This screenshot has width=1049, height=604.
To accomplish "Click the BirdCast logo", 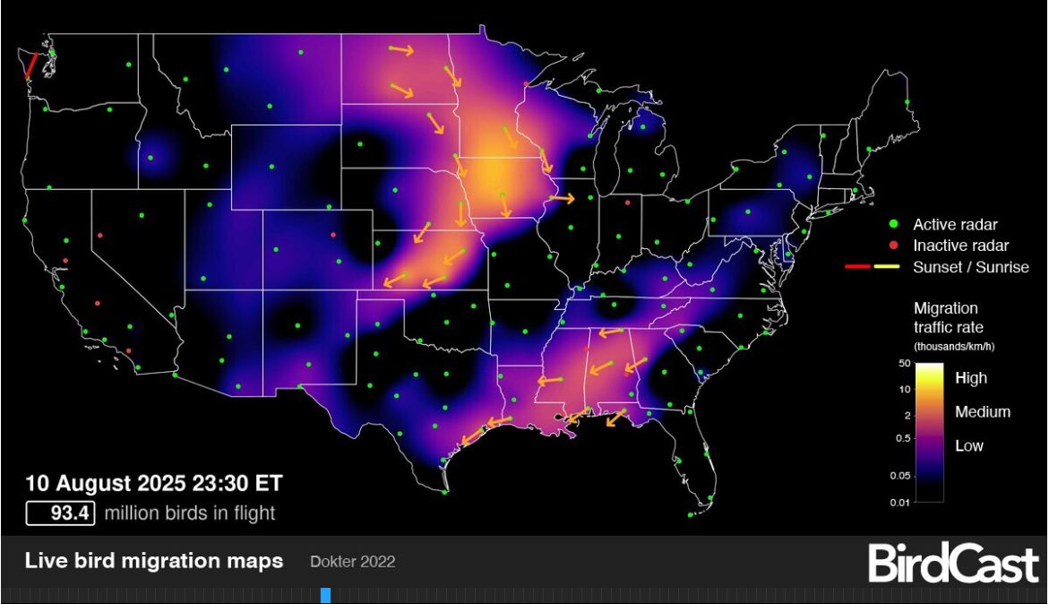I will click(952, 563).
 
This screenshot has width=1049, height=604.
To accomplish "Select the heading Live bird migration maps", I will click(154, 562).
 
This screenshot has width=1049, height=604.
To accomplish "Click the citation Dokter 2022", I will click(352, 562).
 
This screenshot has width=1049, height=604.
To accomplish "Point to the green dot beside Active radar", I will click(892, 224).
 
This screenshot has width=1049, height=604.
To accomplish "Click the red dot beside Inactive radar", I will click(892, 245).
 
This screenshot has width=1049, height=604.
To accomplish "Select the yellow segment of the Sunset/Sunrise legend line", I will click(886, 267).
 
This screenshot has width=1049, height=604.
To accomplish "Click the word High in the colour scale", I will click(971, 378).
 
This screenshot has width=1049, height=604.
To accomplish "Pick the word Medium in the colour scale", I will click(983, 412).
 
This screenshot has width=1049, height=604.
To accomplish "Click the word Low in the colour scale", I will click(969, 445).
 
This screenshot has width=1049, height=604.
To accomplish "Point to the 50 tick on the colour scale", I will click(904, 364).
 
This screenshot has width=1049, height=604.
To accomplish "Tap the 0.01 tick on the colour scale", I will click(900, 502).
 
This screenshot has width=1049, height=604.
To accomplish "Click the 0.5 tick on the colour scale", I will click(902, 438).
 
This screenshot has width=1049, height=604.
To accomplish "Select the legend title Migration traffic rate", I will click(945, 318).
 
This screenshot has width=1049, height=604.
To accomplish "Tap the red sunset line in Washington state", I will click(30, 65).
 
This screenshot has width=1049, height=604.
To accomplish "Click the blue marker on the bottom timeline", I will click(325, 595).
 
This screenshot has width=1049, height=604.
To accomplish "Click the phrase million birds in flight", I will click(190, 513).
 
